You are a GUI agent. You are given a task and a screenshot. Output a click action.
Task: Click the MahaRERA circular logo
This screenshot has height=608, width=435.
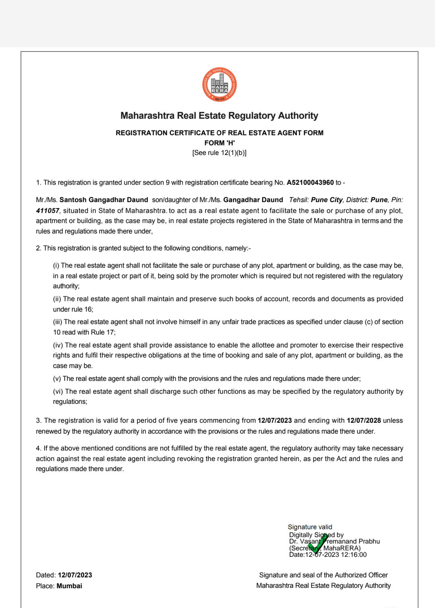pos(220,85)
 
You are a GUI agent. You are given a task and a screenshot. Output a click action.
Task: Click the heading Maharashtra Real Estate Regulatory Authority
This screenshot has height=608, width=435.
pos(219,116)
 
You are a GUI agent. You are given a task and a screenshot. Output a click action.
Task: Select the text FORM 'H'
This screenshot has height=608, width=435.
pos(220,143)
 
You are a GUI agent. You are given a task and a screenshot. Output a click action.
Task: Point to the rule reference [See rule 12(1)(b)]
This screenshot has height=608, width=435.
pos(220,153)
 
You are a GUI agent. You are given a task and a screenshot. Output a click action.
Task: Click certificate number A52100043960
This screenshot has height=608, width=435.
pos(310,183)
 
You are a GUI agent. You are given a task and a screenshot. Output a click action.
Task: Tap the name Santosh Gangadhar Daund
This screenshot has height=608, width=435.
pos(104,200)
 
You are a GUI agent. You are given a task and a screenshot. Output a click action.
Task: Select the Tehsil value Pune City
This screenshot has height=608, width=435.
pos(327,200)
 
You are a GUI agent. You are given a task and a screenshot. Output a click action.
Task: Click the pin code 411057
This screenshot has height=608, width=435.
pos(48,211)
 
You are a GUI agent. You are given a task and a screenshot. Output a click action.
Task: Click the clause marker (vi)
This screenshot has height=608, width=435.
pos(58,392)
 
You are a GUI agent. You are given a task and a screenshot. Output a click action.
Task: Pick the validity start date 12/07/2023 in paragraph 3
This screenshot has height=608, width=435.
pos(275,421)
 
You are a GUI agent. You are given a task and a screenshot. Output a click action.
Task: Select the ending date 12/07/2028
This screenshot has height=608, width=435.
pos(364,421)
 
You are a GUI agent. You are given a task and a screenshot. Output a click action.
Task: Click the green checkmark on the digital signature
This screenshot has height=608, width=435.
pos(318,543)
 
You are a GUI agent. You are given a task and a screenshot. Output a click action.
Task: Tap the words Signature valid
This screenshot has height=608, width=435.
pos(310,527)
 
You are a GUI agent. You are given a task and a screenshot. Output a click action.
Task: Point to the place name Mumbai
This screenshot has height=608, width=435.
pos(69,586)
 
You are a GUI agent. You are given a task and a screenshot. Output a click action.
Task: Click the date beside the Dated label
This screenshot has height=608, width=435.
pos(75,575)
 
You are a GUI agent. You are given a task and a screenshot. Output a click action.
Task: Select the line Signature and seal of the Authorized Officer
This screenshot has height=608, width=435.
pos(323,575)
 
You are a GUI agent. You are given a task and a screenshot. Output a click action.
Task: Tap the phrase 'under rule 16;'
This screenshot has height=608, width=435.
pos(73,310)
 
